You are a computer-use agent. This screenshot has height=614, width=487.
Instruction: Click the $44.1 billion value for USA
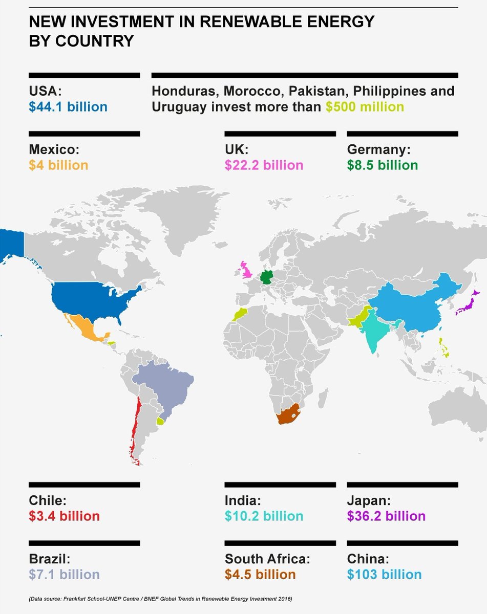(x=68, y=107)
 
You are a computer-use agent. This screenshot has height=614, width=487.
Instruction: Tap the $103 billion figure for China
(x=384, y=574)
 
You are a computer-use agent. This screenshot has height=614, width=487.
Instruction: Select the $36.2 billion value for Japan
(x=386, y=516)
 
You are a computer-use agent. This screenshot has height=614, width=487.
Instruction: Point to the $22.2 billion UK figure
(x=264, y=165)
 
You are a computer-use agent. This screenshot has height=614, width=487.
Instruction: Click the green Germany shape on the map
(x=266, y=277)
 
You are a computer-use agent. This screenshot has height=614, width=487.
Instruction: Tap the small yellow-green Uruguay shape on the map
(x=161, y=421)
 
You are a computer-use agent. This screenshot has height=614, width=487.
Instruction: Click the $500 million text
(x=365, y=107)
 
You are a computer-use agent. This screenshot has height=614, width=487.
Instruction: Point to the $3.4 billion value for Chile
(x=64, y=516)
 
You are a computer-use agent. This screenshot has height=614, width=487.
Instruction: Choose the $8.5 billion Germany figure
(x=382, y=165)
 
